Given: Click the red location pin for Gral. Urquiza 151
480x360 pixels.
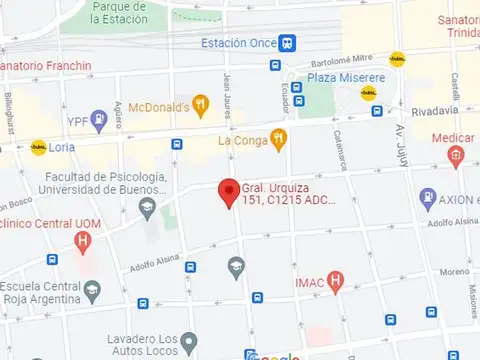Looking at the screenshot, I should click(x=229, y=189).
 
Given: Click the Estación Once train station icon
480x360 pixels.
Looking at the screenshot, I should click(x=288, y=43).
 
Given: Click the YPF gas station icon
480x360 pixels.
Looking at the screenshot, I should click(x=98, y=120).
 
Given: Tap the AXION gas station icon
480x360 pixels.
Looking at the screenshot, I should click(x=428, y=197).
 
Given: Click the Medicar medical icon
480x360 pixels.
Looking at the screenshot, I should click(x=456, y=155).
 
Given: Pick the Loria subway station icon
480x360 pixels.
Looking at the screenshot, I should click(x=39, y=147).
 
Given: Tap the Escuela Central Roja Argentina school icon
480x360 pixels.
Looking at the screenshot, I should click(x=93, y=291).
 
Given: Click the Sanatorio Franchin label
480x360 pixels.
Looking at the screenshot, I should click(x=47, y=67).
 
